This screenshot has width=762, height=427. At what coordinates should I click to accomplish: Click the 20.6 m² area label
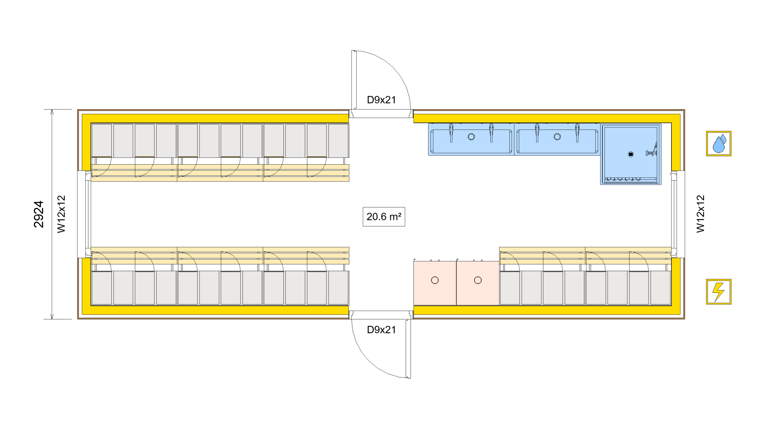point(383,216)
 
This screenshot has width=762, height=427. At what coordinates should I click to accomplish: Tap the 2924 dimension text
point(39,214)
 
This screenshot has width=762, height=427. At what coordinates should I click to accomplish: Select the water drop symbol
point(718,144)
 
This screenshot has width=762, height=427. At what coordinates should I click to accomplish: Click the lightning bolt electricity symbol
point(718,292)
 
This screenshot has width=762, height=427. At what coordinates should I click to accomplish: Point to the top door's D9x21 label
point(381,100)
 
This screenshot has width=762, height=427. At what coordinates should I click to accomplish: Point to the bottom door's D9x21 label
point(381,330)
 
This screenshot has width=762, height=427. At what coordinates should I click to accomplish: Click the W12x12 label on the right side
point(700,214)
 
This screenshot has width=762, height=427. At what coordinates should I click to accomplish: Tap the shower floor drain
point(630,154)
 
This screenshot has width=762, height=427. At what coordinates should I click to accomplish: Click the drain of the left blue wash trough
point(471,137)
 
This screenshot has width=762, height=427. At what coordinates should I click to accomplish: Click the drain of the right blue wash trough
point(557,137)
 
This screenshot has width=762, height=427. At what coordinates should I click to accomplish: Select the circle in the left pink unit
point(435,280)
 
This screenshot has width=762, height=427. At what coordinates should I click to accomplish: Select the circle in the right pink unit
point(477,280)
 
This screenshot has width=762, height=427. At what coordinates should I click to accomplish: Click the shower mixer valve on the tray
point(651,152)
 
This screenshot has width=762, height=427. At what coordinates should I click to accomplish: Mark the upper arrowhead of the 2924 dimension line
point(52,112)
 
